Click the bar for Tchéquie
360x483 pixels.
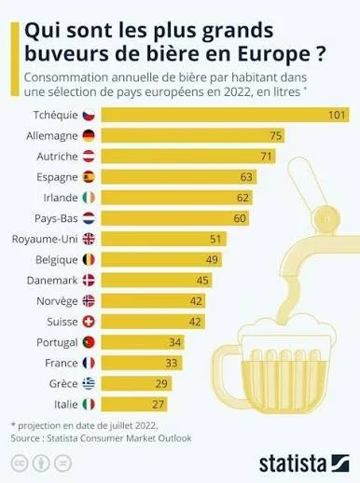tap(226, 115)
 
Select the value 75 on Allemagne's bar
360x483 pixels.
tap(276, 135)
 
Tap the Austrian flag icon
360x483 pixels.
tap(89, 156)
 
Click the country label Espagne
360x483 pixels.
tap(57, 177)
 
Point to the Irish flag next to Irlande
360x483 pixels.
tap(89, 198)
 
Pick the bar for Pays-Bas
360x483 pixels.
tap(175, 218)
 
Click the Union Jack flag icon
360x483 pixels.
tap(89, 239)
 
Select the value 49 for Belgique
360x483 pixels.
tap(212, 259)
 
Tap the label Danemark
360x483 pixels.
tap(52, 281)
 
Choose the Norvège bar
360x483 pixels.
tap(153, 301)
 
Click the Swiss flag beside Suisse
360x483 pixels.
tap(89, 322)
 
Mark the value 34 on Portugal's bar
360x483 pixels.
tap(175, 342)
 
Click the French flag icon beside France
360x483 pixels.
tap(89, 363)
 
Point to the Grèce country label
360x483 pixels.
tap(63, 383)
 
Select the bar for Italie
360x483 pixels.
tap(134, 404)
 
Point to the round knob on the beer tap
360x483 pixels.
tap(326, 220)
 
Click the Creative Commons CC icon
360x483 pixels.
tap(20, 463)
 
